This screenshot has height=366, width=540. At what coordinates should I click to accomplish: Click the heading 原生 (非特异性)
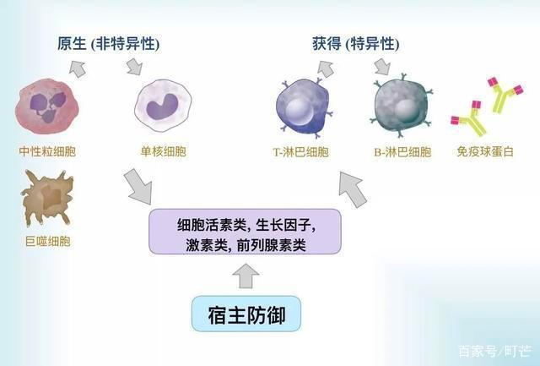(109, 44)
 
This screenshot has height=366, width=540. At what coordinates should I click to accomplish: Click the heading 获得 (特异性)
(356, 44)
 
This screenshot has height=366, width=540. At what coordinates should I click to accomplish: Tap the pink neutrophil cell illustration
(47, 107)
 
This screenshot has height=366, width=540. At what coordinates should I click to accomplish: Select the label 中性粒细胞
(47, 151)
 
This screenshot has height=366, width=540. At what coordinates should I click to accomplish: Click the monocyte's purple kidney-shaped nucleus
(162, 107)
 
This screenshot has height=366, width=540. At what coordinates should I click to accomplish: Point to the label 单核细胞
(163, 151)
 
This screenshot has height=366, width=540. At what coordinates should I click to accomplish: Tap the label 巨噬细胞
(48, 241)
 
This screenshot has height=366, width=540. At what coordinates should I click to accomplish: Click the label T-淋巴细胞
(300, 152)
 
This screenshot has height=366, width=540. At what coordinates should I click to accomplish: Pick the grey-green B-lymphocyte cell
(402, 105)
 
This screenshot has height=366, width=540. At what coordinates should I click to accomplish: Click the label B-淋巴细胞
(402, 152)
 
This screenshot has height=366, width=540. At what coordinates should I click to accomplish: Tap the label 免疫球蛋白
(485, 151)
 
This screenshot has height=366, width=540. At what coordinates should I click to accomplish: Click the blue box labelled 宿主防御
(246, 314)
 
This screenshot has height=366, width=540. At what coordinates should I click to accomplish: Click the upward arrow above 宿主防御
(246, 276)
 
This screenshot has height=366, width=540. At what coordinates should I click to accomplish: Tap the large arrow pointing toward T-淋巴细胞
(353, 189)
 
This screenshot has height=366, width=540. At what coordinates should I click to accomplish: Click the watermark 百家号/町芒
(494, 351)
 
